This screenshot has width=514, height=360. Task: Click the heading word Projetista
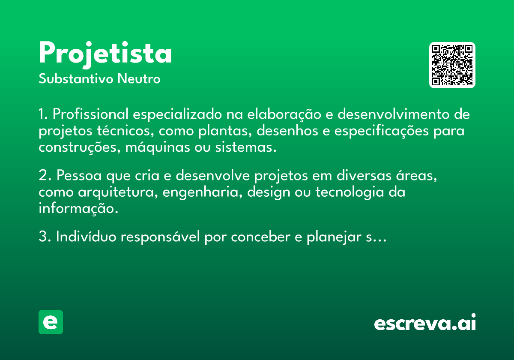coord(105,54)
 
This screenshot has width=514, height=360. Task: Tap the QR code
coord(452,65)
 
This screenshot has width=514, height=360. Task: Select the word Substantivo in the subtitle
coord(76,78)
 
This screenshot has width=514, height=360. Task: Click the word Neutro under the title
coord(139,78)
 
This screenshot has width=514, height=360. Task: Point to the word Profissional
coord(91,114)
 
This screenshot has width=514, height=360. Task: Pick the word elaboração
coord(284,114)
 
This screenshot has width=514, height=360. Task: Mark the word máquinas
coord(158,147)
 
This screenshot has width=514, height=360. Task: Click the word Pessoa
coord(79,175)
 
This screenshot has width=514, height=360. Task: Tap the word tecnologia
coord(350,192)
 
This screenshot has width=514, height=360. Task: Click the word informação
coord(78,208)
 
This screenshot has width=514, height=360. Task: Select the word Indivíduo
coord(86,237)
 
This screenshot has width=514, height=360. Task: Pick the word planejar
coord(334,237)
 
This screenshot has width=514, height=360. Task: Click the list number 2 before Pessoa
coord(45,175)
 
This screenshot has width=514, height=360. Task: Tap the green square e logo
coord(51,322)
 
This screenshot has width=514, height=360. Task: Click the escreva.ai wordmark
coord(425,322)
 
